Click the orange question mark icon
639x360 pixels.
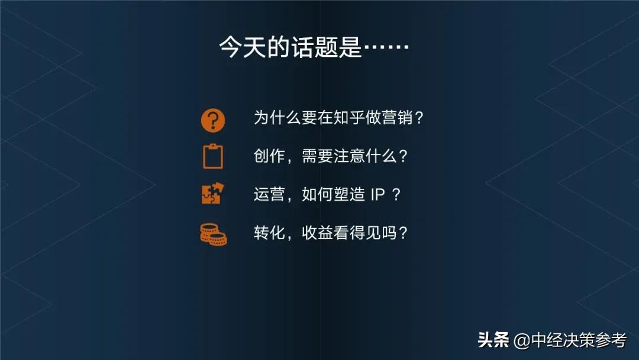(x=213, y=120)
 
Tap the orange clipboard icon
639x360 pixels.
(x=213, y=157)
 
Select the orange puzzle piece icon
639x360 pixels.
(x=212, y=194)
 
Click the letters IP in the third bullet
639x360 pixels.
(x=378, y=195)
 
